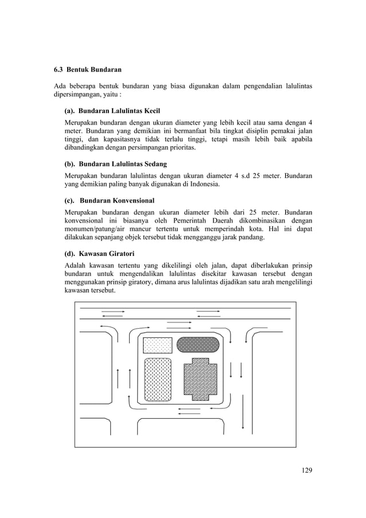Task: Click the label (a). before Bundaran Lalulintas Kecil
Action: (x=70, y=110)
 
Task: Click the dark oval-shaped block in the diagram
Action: (x=198, y=344)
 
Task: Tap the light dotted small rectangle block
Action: (x=157, y=345)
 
